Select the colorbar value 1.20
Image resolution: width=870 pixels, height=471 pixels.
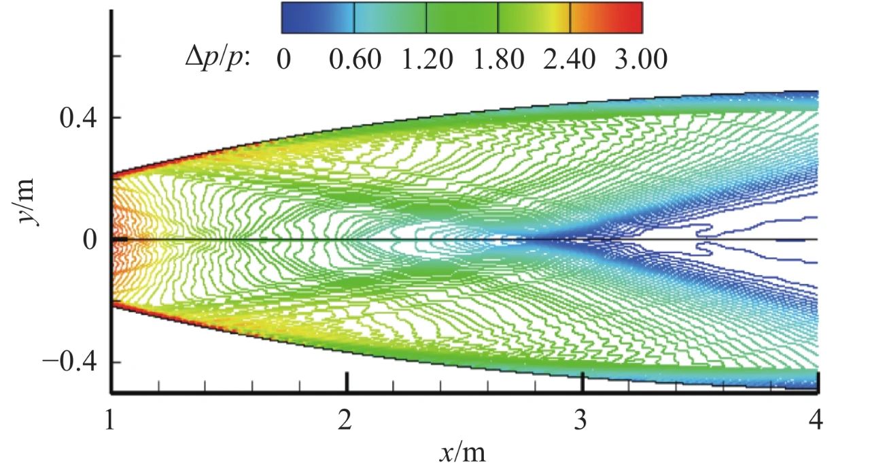tap(426, 59)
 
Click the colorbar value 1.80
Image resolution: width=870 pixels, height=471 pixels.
tap(498, 59)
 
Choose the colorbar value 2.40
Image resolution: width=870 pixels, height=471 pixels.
tap(570, 59)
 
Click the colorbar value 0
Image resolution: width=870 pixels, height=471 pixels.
tap(283, 59)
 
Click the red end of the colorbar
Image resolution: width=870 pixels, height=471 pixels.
tap(636, 18)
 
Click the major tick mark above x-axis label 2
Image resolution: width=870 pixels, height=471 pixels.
tap(347, 383)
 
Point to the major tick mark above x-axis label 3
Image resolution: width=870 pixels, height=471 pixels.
tap(582, 383)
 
